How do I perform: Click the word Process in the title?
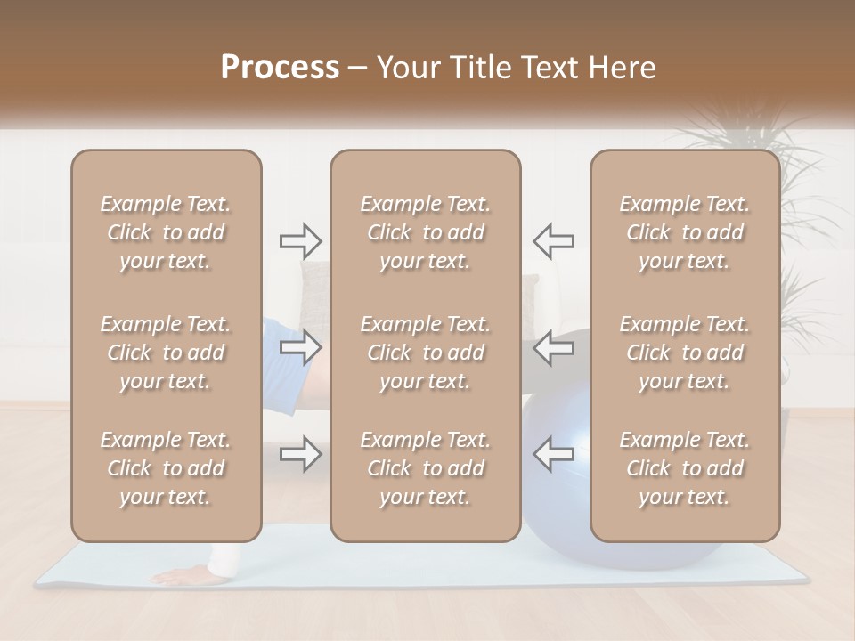coord(280,68)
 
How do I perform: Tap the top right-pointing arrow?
coord(300,240)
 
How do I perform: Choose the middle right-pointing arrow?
coord(300,347)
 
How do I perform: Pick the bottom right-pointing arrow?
coord(300,454)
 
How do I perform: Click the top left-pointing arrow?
coord(554,240)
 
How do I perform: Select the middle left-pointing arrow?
coord(554,347)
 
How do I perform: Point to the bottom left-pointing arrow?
coord(554,454)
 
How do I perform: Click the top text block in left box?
coord(166,232)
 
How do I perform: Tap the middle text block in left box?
coord(166,353)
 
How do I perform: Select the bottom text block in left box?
coord(166,468)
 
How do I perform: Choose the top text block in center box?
coord(426,232)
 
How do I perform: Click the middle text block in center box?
coord(426,353)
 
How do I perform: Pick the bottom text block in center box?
coord(426,468)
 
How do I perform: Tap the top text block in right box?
coord(685,232)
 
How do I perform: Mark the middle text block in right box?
coord(685,353)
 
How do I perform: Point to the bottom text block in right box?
coord(685,468)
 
